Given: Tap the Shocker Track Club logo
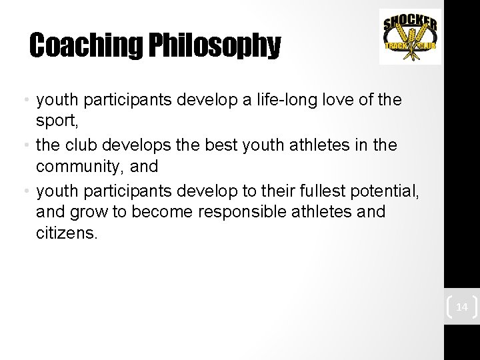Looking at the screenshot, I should (x=410, y=37).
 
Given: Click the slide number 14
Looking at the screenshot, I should (x=461, y=307).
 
